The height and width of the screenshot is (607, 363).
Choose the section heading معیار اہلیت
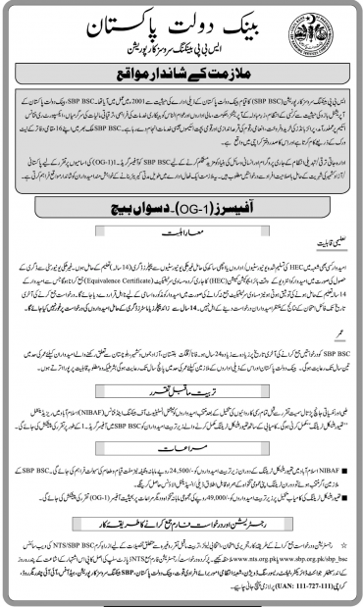(x=181, y=233)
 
